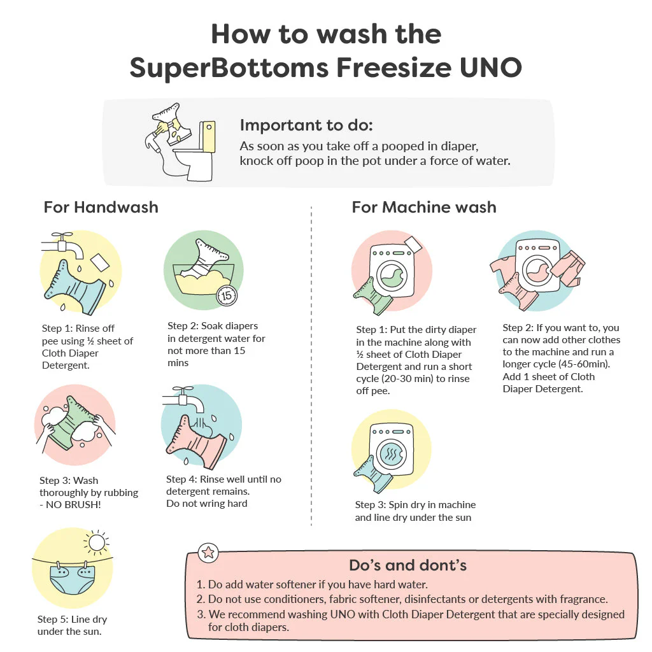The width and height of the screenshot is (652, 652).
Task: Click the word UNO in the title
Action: [x=491, y=67]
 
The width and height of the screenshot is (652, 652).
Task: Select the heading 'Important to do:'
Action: [x=306, y=125]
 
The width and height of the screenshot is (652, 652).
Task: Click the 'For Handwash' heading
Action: [x=101, y=207]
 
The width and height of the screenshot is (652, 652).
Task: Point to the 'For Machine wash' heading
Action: [x=424, y=207]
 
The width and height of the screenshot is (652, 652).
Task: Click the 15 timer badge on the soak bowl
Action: [x=227, y=295]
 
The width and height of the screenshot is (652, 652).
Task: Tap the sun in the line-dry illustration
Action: [x=97, y=542]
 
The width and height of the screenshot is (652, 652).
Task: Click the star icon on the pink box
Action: [x=208, y=553]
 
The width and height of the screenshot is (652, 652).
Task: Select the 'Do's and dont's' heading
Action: [x=407, y=565]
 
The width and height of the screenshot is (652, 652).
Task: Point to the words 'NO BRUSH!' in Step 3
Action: [x=73, y=505]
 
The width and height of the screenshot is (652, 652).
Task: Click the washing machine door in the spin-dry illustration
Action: [x=391, y=453]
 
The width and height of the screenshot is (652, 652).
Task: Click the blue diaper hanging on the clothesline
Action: [x=72, y=578]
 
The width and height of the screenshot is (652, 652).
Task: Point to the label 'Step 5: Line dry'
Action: [x=73, y=620]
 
